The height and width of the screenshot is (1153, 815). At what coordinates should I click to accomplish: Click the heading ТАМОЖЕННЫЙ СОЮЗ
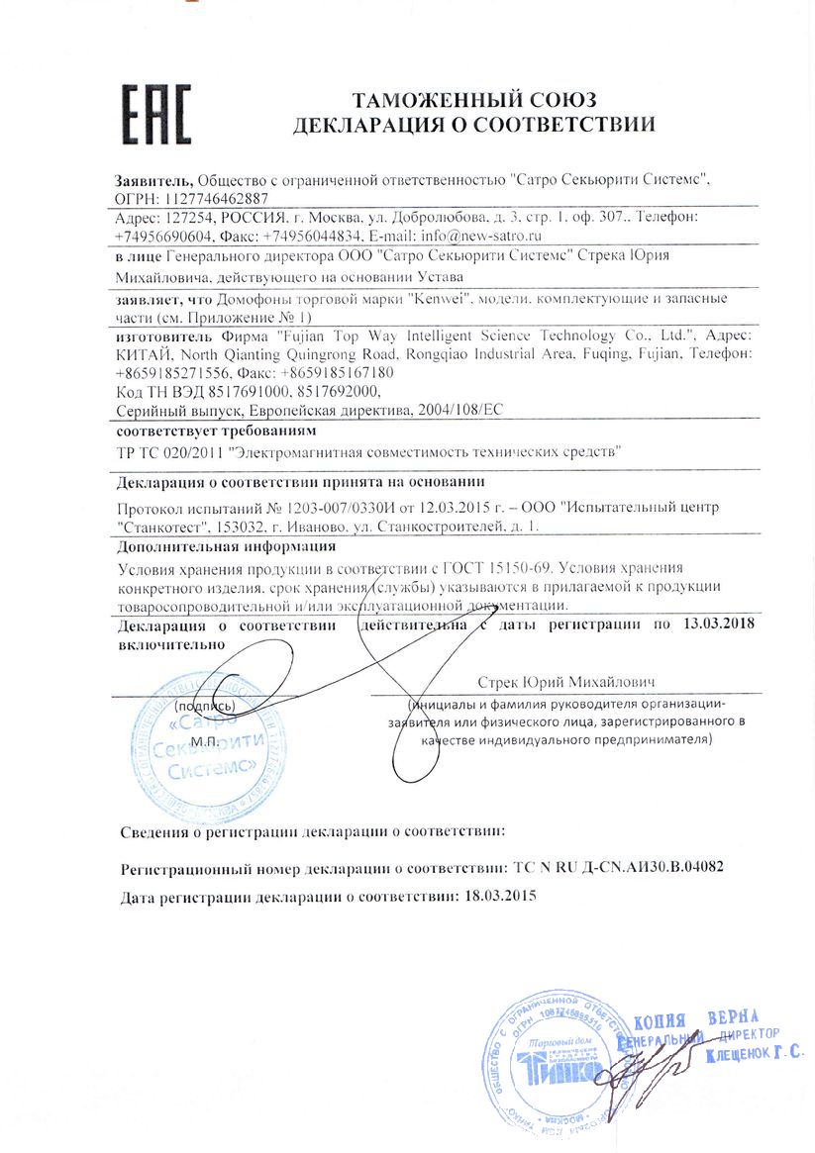(x=473, y=99)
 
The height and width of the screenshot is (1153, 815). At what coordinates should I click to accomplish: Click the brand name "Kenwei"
(x=440, y=298)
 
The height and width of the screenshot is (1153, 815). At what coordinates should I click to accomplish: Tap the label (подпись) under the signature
(x=204, y=707)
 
